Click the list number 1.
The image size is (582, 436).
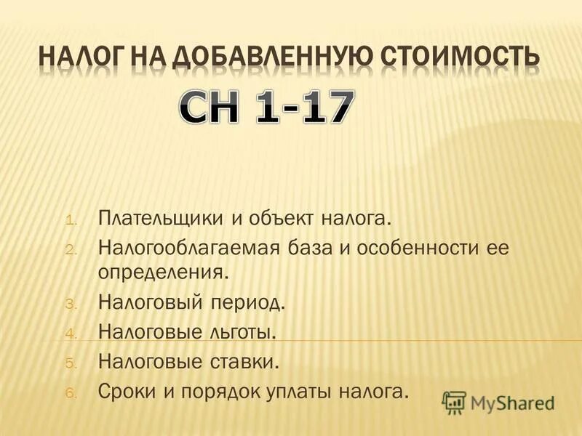click(71, 219)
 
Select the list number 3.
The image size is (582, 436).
click(71, 304)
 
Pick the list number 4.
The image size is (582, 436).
click(71, 334)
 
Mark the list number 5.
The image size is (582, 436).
click(71, 363)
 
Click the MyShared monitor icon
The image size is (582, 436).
click(454, 402)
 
